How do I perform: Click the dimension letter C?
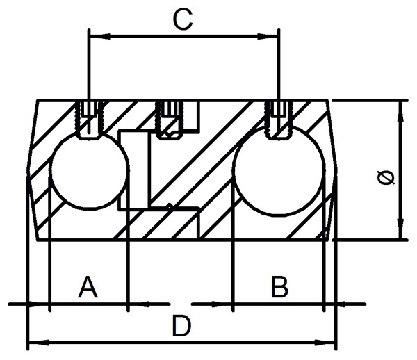click(182, 21)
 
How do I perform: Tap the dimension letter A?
click(88, 286)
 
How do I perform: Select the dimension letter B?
click(279, 286)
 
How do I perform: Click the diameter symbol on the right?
click(387, 177)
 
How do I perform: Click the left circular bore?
click(88, 171)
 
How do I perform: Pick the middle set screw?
click(168, 117)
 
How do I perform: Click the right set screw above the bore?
click(279, 117)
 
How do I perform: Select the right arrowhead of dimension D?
click(329, 341)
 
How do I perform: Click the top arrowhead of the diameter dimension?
click(400, 108)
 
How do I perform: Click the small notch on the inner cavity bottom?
click(170, 206)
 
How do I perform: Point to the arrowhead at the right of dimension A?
click(136, 303)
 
